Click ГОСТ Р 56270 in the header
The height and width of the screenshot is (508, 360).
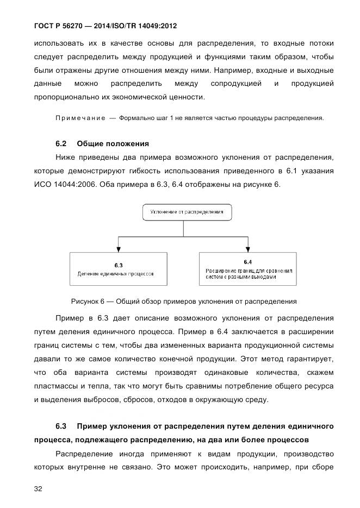point(62,26)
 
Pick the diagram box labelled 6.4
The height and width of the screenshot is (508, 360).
point(248,269)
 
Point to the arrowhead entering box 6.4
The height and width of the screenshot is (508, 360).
point(248,249)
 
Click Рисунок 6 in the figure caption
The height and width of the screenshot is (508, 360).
point(87,301)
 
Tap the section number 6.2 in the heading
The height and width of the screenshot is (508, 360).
point(61,143)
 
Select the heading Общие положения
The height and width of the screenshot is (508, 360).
point(113,143)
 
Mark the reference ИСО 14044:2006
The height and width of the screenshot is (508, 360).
point(61,185)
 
